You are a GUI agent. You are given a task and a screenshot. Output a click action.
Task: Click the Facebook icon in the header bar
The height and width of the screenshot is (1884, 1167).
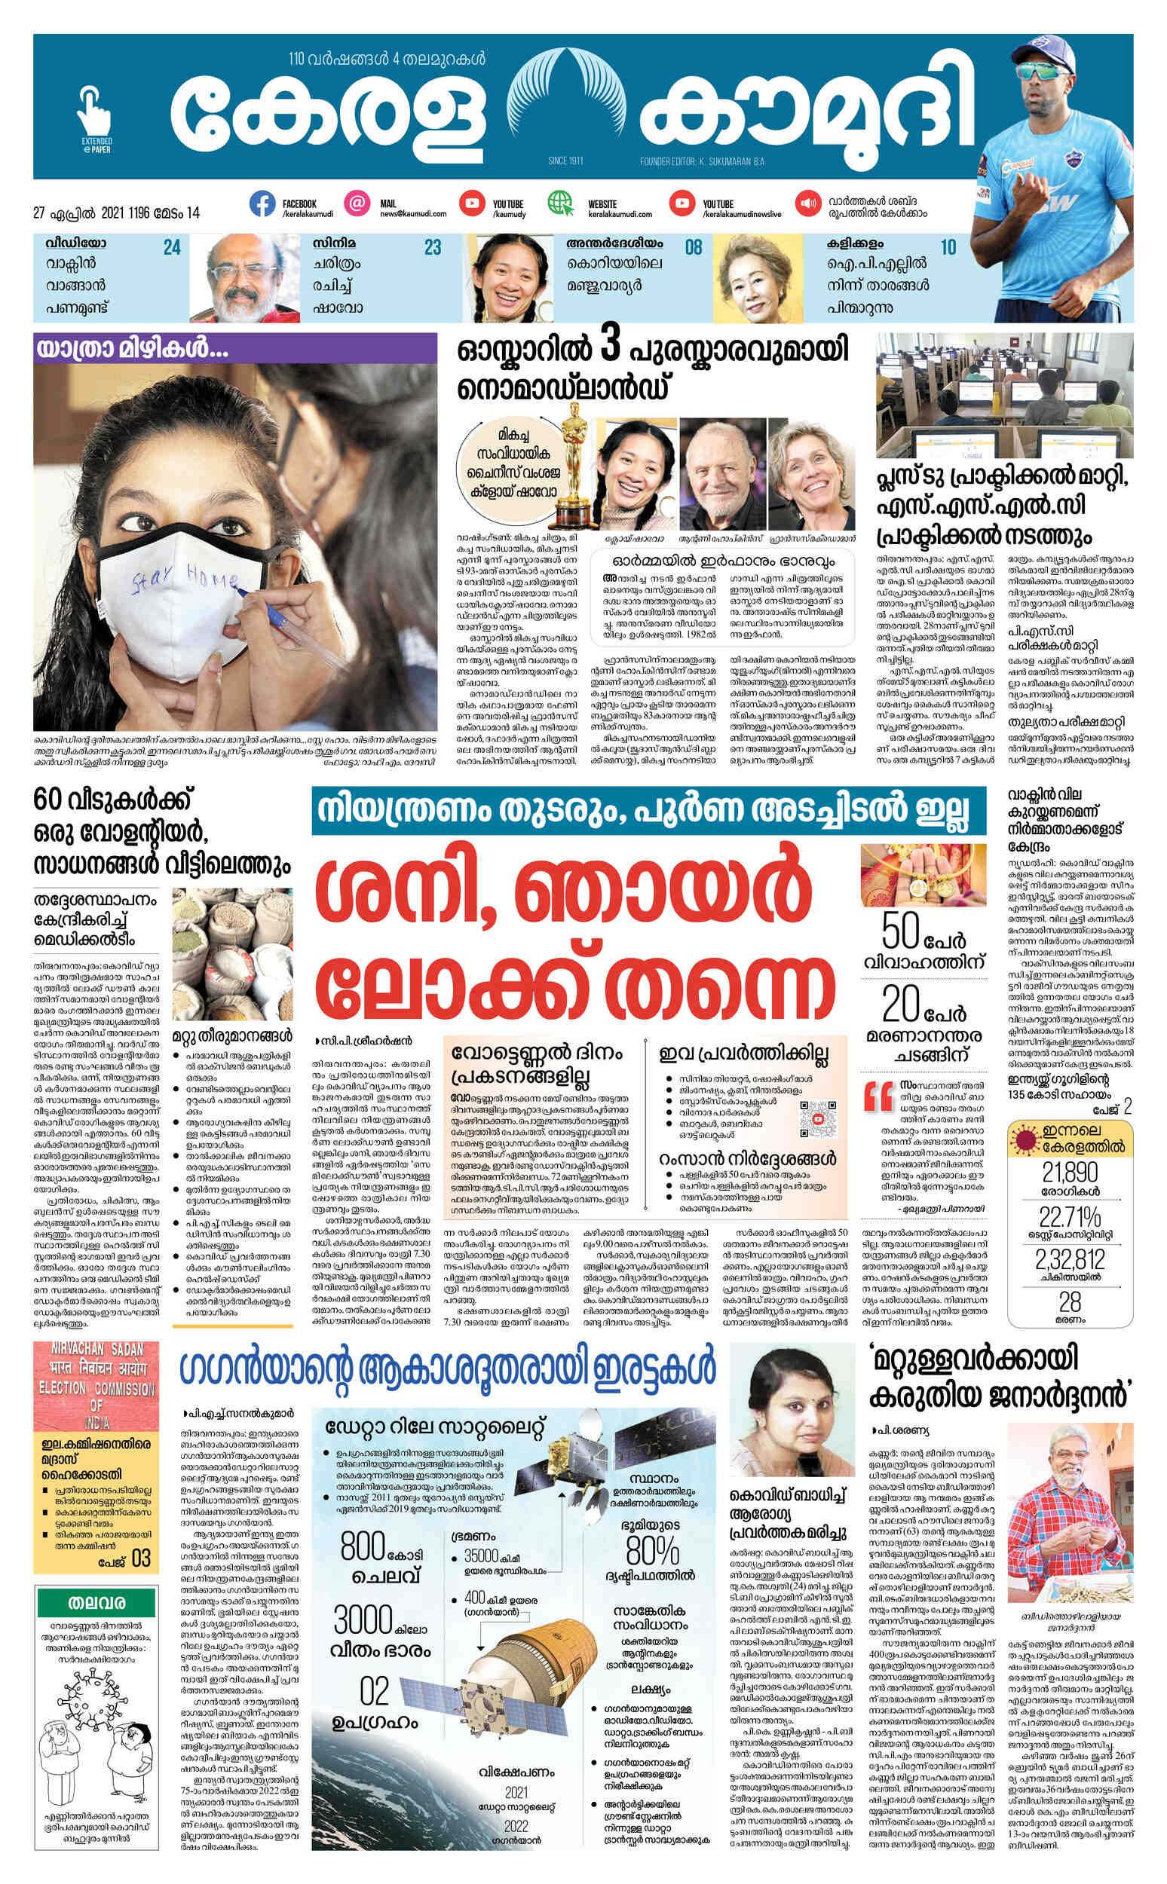[x=262, y=204]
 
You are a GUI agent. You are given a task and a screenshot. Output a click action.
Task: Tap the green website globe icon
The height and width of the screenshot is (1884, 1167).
[x=561, y=204]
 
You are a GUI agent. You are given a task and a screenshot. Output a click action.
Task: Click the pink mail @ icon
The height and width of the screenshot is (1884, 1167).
[x=357, y=204]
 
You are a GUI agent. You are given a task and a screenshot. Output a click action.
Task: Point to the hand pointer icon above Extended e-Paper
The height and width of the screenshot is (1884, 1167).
[x=94, y=112]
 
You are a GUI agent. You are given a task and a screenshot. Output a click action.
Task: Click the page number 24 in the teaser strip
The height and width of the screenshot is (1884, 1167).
[x=171, y=248]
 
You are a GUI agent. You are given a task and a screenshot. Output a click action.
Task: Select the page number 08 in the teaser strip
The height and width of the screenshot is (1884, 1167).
[x=693, y=248]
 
